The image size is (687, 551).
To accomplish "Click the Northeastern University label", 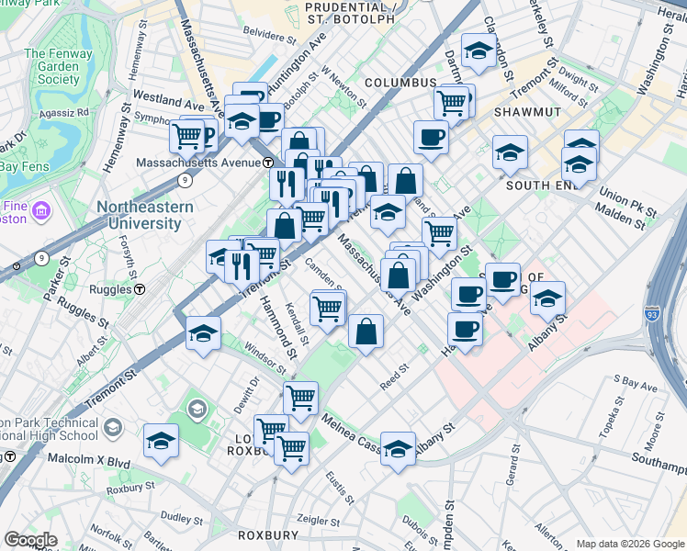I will coord(145,215).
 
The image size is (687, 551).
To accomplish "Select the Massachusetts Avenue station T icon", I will coord(268,163).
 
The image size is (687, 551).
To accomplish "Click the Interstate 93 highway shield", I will coord(651,312).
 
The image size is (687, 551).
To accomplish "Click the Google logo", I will coord(30,540).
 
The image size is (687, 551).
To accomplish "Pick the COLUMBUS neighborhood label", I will coord(400,83).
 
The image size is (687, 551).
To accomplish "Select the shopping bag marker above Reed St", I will coord(366,332).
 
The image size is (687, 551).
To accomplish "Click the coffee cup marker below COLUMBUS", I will coord(431,138).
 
